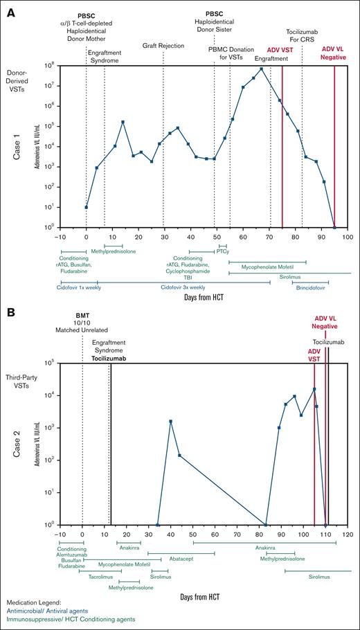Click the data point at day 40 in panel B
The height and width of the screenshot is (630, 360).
(170, 421)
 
